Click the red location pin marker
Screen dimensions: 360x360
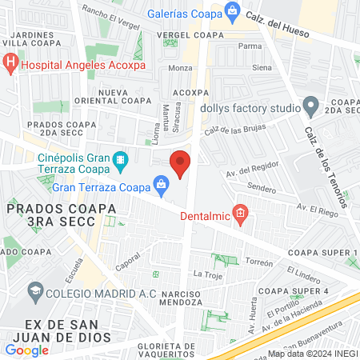pos(180,164)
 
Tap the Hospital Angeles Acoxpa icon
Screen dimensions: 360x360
pos(10,61)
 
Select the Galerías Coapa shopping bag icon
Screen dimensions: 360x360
pos(233,11)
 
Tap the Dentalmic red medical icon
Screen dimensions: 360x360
pos(242,214)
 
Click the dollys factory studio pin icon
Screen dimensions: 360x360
pos(311,106)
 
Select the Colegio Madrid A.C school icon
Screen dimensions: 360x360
pos(35,293)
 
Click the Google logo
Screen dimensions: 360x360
pos(26,350)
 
